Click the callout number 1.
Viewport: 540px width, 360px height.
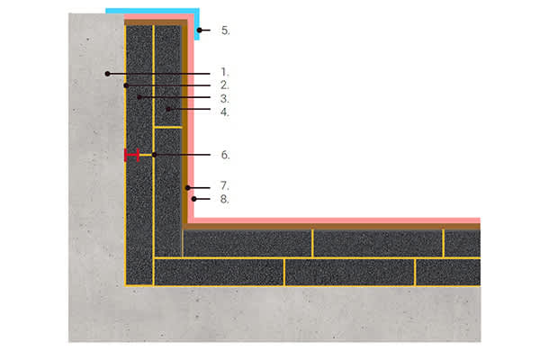tap(224, 72)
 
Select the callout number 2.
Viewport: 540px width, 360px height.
tap(224, 85)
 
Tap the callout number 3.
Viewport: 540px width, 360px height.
tap(224, 99)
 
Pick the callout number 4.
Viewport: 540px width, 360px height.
tap(224, 112)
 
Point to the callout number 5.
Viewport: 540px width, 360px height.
tap(225, 31)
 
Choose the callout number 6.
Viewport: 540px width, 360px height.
tap(225, 155)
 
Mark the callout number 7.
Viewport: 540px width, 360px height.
tap(224, 186)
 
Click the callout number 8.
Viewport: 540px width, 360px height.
tap(224, 199)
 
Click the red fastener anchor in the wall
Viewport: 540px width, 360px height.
tap(132, 155)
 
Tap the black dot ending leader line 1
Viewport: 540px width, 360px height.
tap(107, 74)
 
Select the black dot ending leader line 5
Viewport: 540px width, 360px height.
tap(200, 31)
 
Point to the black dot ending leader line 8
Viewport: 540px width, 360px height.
tap(194, 199)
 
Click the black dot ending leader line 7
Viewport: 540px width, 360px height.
tap(188, 188)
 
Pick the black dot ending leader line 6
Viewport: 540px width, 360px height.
tap(154, 155)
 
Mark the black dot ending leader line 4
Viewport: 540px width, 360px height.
tap(168, 109)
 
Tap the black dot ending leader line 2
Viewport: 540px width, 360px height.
tap(126, 85)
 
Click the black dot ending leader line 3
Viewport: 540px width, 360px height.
tap(139, 97)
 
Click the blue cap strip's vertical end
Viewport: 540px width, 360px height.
tap(197, 24)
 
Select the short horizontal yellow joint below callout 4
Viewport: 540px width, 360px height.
tap(168, 128)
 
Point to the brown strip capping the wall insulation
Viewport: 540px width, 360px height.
tap(156, 22)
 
